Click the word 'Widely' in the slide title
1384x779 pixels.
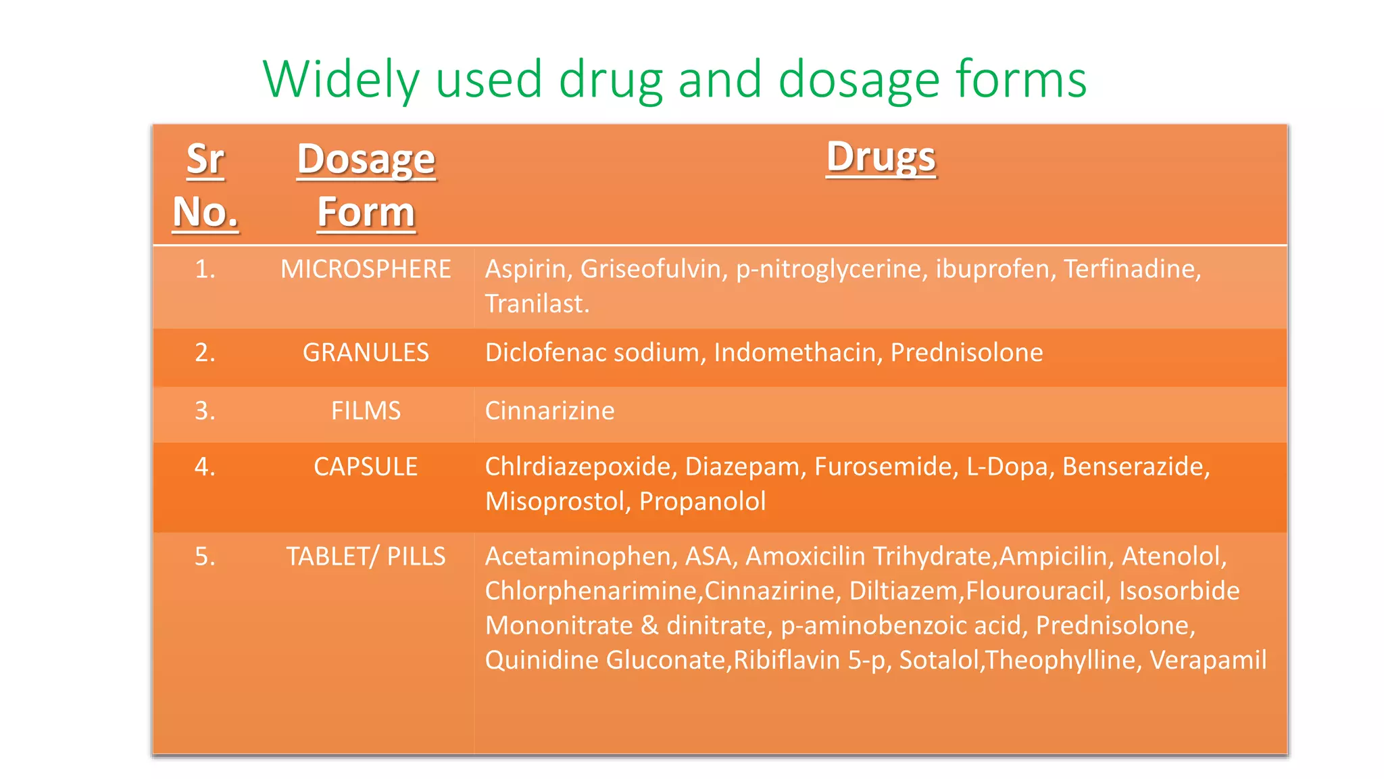pos(341,80)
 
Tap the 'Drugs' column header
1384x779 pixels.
pos(881,158)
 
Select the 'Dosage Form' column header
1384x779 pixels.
pos(366,185)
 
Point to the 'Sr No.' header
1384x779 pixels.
pos(205,185)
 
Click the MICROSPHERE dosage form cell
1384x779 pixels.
pos(366,269)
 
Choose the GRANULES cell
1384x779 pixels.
pos(366,352)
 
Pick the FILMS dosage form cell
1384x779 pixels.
pos(366,410)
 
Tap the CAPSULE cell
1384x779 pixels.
pos(366,467)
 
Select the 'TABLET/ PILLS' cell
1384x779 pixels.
pos(366,557)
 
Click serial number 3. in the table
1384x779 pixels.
pos(205,410)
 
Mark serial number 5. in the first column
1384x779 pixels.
pos(205,557)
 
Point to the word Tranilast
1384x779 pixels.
pos(537,304)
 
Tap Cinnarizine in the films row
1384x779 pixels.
pos(550,410)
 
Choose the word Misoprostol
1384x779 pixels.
pos(558,501)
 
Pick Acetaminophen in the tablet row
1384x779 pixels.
pos(580,557)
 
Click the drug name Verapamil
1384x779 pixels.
pos(1208,660)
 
